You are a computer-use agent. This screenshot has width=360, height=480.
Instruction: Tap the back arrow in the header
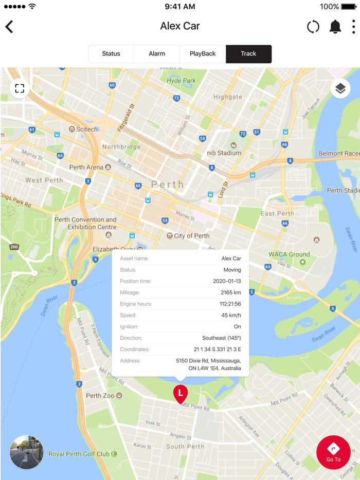pos(9,27)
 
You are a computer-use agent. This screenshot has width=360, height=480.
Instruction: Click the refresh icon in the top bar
pos(313,27)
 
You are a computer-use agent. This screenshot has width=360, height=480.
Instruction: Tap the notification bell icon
pos(335,27)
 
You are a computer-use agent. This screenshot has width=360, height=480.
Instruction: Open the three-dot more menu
pos(353,27)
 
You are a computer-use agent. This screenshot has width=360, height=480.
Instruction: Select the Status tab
pos(111,54)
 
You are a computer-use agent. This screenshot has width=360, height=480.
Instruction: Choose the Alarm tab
pos(157,54)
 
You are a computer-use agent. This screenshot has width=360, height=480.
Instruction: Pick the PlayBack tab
pos(203,54)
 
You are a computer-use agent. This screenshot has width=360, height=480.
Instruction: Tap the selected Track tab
pos(248,54)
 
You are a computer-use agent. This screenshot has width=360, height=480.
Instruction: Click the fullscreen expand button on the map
pos(20,88)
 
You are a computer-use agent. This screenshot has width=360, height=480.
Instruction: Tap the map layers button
pos(340,88)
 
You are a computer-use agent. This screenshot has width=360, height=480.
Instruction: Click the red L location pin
pos(180,394)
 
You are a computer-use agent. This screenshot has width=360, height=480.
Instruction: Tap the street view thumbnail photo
pos(26,452)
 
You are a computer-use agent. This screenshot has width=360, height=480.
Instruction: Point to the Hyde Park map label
pos(181,81)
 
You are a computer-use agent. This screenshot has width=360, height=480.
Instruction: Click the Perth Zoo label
pos(101,396)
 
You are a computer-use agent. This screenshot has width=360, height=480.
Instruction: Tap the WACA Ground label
pos(289,254)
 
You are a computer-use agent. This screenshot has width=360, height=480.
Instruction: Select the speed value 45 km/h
pos(231,315)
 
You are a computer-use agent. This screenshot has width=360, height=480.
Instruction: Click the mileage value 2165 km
pos(230,292)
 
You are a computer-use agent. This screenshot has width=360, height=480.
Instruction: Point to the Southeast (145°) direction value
pos(221,338)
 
